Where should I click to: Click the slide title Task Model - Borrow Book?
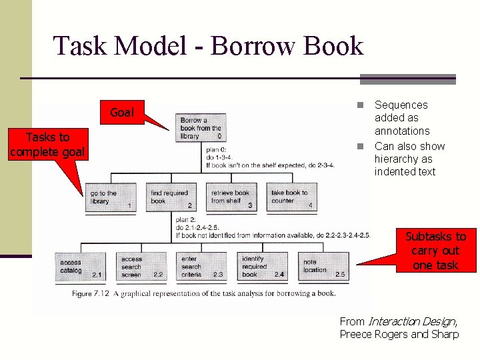(x=208, y=47)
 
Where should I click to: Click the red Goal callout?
(x=121, y=113)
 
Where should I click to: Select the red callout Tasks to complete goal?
(x=47, y=145)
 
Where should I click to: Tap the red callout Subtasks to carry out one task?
(x=435, y=251)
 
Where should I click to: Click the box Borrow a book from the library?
(x=200, y=127)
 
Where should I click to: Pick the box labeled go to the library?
(x=111, y=198)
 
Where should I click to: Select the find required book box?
(x=171, y=198)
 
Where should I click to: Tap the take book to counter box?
(x=291, y=198)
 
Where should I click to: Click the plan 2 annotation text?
(x=267, y=227)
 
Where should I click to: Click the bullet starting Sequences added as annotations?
(x=401, y=117)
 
